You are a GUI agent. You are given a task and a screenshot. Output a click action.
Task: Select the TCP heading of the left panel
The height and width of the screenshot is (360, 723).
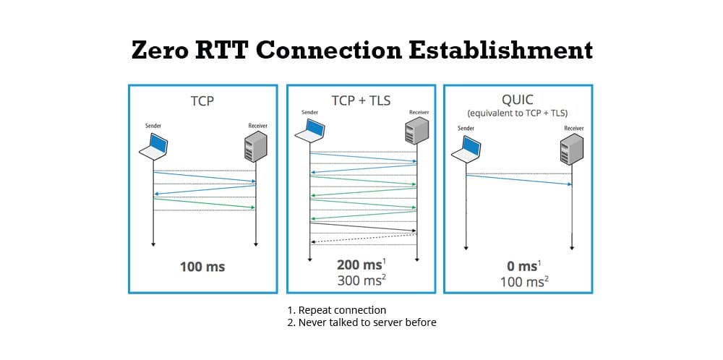[x=202, y=101]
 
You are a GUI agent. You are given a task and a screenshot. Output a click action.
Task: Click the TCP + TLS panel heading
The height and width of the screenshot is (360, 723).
[x=360, y=100]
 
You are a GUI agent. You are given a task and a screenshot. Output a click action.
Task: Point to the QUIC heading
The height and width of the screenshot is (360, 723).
[x=517, y=99]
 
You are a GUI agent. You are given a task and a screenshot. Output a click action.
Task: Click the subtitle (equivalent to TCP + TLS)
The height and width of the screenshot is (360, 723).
[x=517, y=113]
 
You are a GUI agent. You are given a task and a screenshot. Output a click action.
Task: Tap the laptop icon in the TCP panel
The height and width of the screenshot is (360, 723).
[x=153, y=147]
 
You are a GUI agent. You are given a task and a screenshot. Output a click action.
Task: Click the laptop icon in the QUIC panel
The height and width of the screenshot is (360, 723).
[x=466, y=149]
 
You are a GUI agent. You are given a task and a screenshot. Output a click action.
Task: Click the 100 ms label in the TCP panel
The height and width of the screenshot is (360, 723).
[x=202, y=267]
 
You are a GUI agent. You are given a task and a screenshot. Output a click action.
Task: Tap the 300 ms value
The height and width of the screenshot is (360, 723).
[x=359, y=280]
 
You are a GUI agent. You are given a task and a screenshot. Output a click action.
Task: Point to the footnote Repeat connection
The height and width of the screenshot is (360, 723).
[x=337, y=310]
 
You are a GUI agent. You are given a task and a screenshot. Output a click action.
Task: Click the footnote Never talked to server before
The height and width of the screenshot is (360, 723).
[x=361, y=322]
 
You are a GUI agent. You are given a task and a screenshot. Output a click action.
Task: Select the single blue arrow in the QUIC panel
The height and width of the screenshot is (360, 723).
[x=518, y=180]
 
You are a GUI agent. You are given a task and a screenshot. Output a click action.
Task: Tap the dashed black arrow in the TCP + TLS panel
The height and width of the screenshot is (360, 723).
[x=364, y=238]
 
